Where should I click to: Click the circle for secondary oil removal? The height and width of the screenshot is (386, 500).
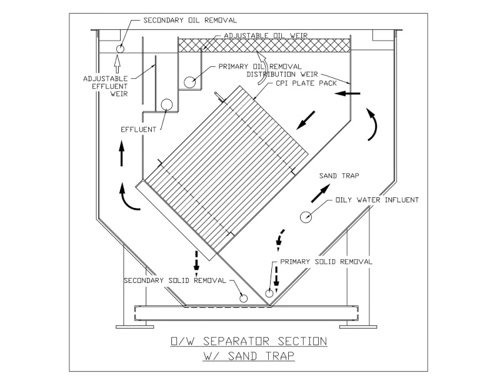[x=120, y=48]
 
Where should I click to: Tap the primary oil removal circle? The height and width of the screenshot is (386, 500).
[x=190, y=81]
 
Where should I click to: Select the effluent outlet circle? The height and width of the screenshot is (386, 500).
[x=167, y=105]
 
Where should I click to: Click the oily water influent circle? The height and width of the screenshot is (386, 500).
[x=306, y=217]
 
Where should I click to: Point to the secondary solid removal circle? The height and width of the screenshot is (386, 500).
[x=243, y=299]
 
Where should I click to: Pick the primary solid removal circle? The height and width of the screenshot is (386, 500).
[x=270, y=292]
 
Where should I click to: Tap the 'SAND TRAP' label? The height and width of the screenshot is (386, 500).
[x=338, y=176]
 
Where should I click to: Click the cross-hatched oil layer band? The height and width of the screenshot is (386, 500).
[x=262, y=46]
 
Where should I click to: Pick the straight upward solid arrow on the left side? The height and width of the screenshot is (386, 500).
[x=121, y=154]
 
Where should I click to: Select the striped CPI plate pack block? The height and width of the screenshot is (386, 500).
[x=225, y=172]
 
